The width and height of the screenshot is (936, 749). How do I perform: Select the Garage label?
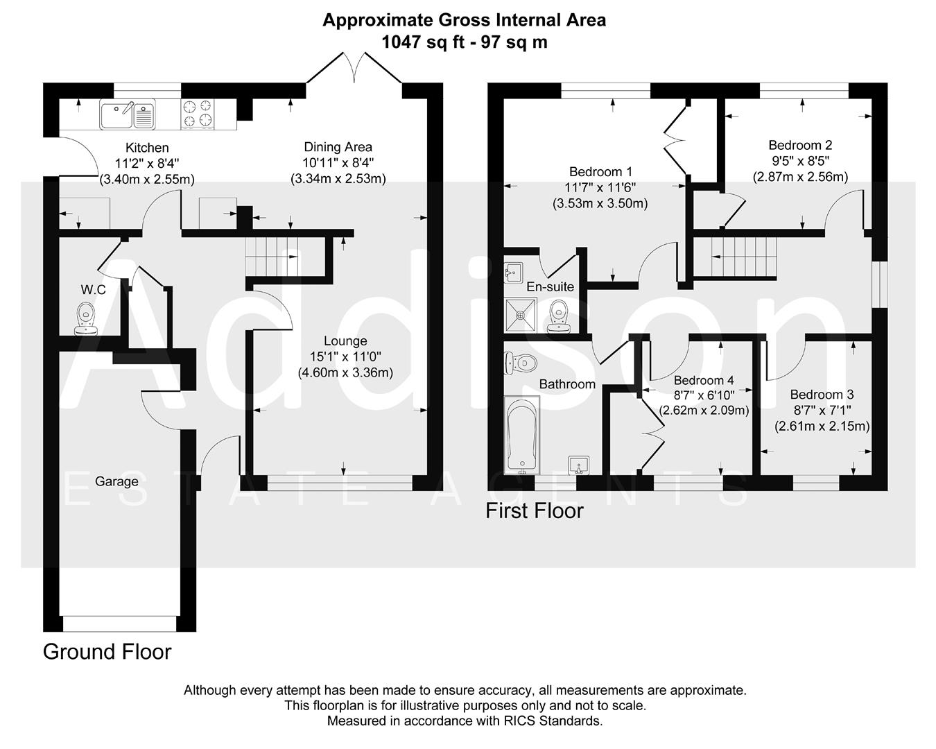pyautogui.click(x=116, y=481)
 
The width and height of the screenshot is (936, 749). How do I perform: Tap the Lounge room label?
pyautogui.click(x=345, y=341)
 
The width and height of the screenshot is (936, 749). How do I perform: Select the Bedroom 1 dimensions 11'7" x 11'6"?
pyautogui.click(x=600, y=187)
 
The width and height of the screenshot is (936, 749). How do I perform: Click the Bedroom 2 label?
pyautogui.click(x=800, y=145)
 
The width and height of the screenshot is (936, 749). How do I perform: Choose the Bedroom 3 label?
pyautogui.click(x=822, y=395)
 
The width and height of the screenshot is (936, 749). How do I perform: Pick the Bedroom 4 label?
pyautogui.click(x=704, y=380)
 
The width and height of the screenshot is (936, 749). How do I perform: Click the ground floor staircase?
pyautogui.click(x=271, y=256)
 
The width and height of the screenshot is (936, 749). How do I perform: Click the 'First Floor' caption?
pyautogui.click(x=534, y=511)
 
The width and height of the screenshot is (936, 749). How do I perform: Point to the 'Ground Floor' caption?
pyautogui.click(x=107, y=652)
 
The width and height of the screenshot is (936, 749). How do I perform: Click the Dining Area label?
pyautogui.click(x=338, y=147)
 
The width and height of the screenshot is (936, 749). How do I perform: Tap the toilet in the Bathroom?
pyautogui.click(x=521, y=362)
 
